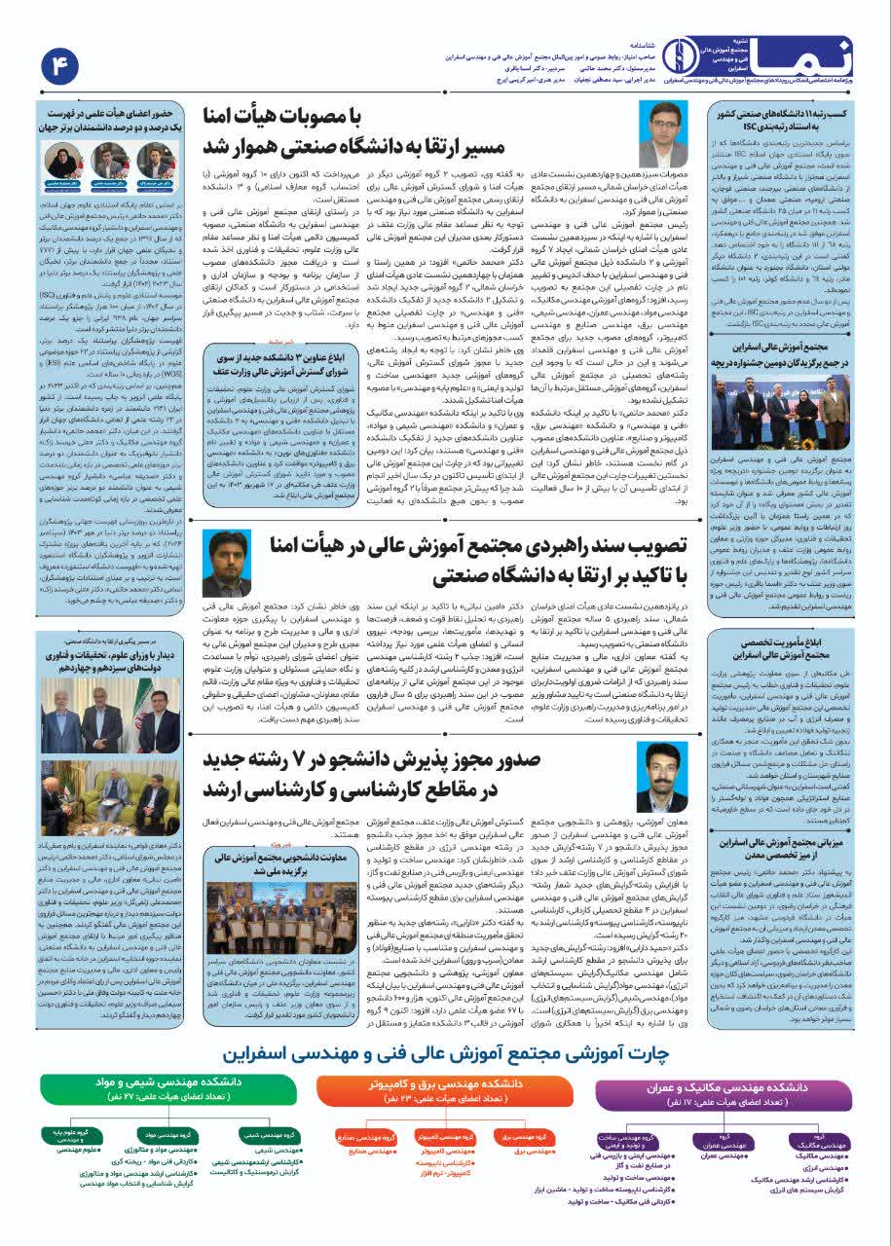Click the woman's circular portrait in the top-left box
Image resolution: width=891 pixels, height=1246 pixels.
60,158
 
